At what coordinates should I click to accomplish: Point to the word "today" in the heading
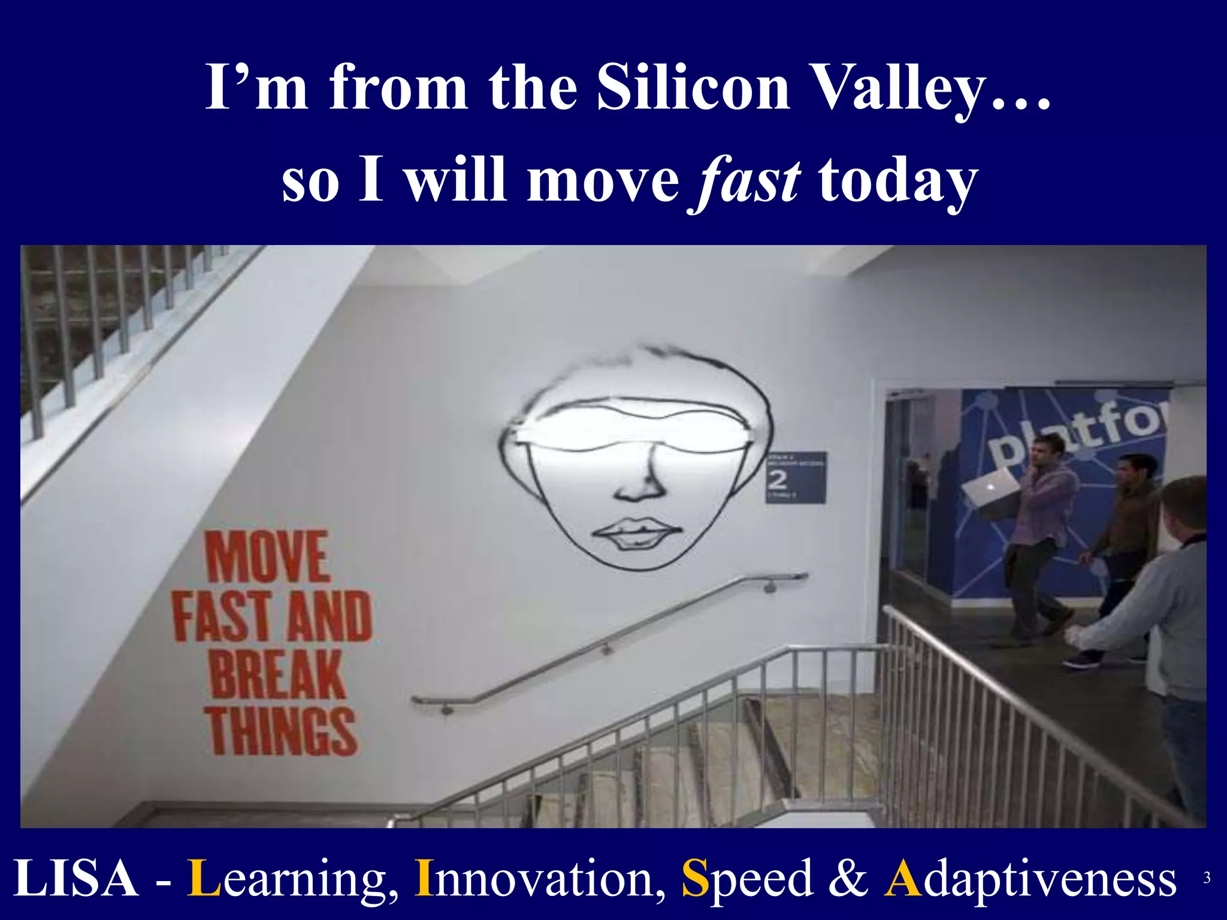coord(898,181)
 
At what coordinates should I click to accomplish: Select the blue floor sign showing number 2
coord(796,478)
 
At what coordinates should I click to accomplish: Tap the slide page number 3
coord(1207,878)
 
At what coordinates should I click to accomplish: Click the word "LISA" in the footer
coord(75,878)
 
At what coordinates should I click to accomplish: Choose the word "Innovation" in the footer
coord(540,878)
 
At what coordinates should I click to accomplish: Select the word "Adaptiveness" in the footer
coord(1030,878)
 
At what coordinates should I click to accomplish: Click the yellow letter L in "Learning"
coord(204,878)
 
